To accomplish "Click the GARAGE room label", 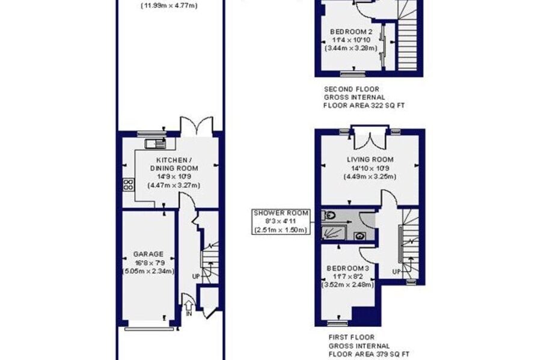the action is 148,254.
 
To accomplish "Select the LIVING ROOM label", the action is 370,160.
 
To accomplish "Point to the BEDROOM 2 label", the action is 351,32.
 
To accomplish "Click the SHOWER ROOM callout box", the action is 281,222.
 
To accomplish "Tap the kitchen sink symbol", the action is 155,144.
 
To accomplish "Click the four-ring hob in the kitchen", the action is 128,185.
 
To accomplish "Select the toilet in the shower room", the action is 329,216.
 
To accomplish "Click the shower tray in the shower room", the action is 334,233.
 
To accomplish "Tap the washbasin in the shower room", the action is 359,236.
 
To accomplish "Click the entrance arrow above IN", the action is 189,305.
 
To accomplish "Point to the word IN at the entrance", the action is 189,314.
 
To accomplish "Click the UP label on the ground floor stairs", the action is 196,276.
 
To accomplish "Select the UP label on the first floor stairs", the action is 397,272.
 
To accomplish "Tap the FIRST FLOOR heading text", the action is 351,337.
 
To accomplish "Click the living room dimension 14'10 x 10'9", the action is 370,168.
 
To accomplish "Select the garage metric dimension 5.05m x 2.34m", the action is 148,271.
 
